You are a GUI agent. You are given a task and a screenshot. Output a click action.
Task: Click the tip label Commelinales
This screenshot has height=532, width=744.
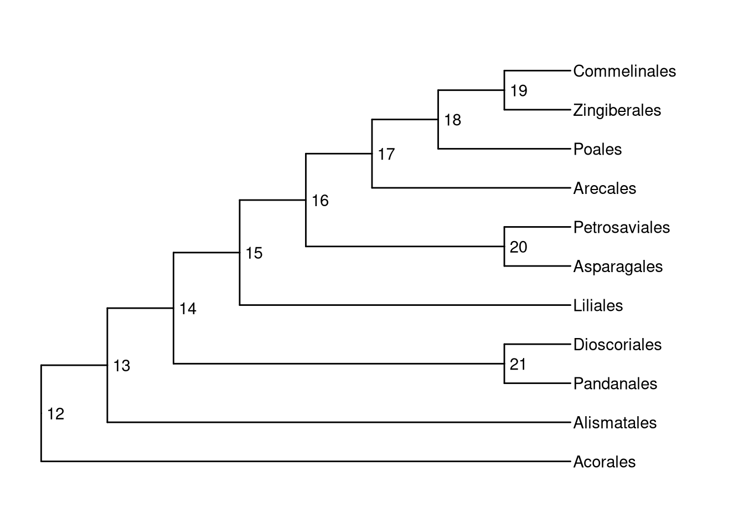(x=624, y=71)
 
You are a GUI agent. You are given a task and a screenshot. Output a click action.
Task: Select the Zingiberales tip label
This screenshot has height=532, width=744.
(x=617, y=110)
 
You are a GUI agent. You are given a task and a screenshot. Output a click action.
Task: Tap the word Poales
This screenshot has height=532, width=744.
(x=597, y=149)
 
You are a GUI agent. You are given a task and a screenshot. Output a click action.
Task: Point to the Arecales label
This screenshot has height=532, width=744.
(x=604, y=188)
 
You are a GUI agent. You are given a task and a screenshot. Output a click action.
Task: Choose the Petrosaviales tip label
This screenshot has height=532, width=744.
(x=621, y=227)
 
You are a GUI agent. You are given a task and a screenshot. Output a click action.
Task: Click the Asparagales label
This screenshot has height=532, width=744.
(x=618, y=267)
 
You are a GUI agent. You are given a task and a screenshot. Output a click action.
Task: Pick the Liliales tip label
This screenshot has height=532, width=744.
(x=598, y=305)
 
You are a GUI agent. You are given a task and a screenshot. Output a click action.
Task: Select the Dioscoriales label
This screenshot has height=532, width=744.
(x=617, y=345)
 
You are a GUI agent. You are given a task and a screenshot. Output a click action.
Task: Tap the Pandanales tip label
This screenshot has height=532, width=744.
(x=615, y=383)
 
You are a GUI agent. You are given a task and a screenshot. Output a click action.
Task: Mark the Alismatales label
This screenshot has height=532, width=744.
(x=614, y=423)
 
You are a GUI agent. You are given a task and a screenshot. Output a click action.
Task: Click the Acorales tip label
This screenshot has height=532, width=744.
(x=604, y=462)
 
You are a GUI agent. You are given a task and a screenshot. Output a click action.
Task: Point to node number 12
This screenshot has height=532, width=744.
(x=55, y=413)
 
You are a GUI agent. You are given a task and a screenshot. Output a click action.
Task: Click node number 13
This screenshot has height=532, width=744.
(x=121, y=366)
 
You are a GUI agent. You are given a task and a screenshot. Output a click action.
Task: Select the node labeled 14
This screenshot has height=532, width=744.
(x=188, y=309)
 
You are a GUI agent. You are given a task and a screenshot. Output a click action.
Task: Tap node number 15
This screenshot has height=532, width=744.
(x=254, y=253)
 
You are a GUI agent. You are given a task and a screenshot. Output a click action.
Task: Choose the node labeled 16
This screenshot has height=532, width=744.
(x=320, y=201)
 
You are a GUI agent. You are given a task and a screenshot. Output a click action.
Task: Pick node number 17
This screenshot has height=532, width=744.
(x=386, y=154)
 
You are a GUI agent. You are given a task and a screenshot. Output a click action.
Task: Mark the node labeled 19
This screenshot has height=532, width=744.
(x=519, y=91)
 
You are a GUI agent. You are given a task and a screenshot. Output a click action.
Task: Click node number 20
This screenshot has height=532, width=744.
(x=519, y=247)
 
